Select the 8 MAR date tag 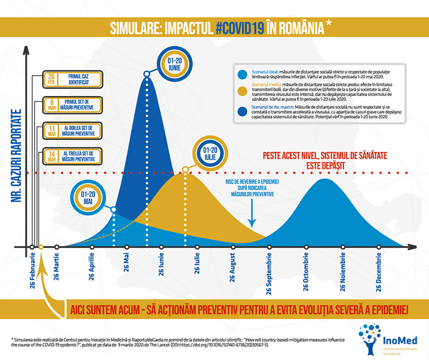point(51,105)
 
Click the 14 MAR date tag point(51,156)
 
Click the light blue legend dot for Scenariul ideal point(243,75)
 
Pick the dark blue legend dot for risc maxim point(243,112)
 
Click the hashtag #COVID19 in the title point(240,27)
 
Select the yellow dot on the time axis point(41,247)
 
